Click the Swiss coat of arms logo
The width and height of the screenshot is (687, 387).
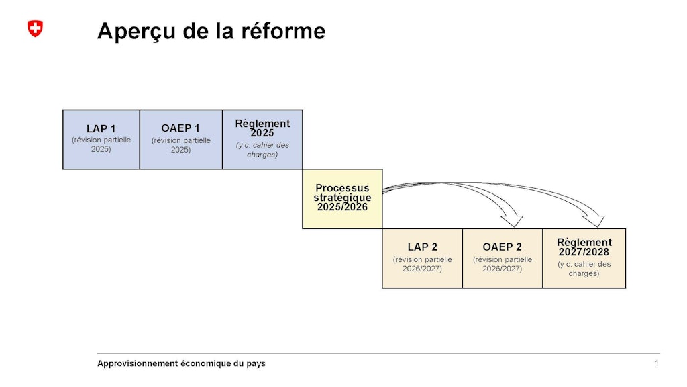(x=35, y=28)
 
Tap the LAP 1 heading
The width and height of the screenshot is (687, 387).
(x=101, y=129)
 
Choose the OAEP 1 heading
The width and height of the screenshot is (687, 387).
(x=180, y=128)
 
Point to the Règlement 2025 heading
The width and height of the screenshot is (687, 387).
(x=262, y=128)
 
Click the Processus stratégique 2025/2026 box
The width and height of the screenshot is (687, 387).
(x=342, y=198)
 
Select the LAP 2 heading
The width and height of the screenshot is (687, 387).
(x=422, y=247)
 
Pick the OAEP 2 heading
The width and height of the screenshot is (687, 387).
(x=502, y=247)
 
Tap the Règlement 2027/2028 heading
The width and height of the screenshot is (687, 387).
(x=584, y=247)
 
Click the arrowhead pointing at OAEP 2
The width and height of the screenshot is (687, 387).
(x=514, y=220)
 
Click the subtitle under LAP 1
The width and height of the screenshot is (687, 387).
(x=101, y=144)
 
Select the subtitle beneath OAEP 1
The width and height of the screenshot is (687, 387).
(x=180, y=145)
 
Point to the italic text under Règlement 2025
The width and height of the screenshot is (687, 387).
(x=262, y=150)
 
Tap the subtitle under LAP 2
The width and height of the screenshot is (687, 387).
(x=422, y=264)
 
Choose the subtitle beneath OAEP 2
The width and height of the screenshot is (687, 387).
(x=502, y=264)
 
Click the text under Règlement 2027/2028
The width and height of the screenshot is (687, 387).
(x=584, y=269)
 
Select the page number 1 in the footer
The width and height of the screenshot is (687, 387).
(x=656, y=363)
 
